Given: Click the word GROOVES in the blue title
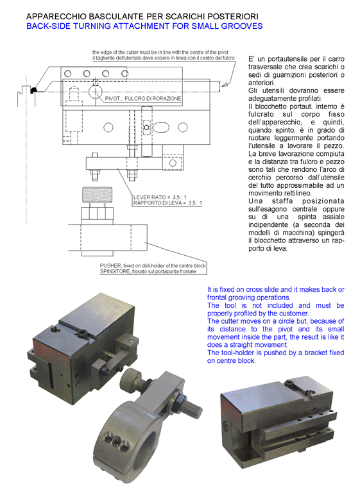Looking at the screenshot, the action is [x=242, y=26].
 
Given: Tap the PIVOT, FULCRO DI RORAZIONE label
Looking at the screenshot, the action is [x=143, y=99].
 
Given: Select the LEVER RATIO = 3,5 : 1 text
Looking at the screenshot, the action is [x=160, y=197].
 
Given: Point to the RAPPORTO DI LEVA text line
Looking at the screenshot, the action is [x=167, y=203].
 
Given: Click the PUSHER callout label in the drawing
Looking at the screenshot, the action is [x=153, y=265].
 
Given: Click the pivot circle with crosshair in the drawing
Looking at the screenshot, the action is [x=96, y=92].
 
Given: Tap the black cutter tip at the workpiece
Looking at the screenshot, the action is [x=33, y=90].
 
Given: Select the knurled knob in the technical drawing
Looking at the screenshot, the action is [x=97, y=195].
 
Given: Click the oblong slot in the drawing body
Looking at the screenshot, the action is [x=161, y=128].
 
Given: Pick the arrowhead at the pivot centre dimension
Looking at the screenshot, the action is [x=225, y=84].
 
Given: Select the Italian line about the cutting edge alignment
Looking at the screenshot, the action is [x=164, y=58].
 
